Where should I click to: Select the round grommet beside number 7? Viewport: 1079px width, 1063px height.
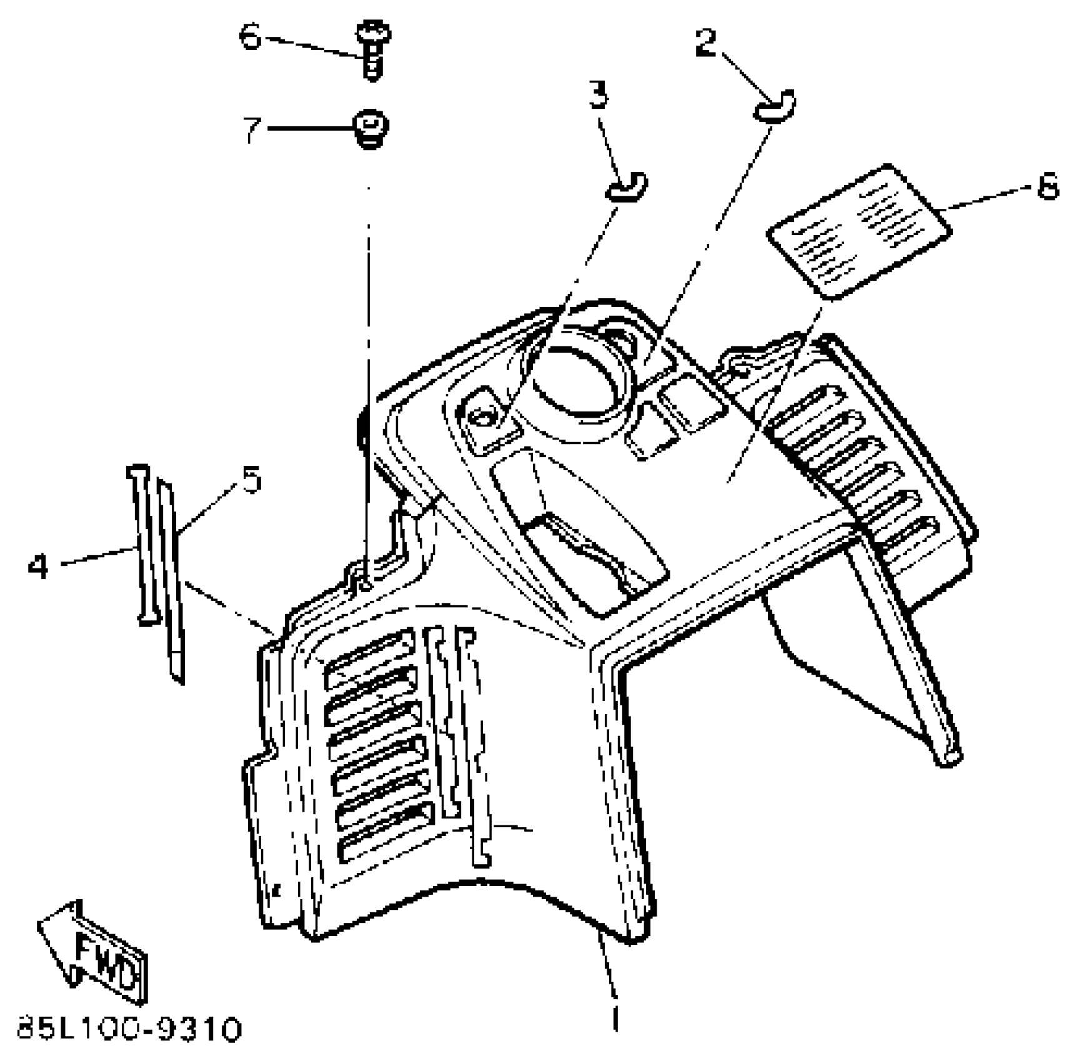point(372,129)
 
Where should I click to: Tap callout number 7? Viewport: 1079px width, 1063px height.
point(252,130)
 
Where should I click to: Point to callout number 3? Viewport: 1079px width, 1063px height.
point(598,96)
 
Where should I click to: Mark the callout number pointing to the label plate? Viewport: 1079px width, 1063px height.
point(1048,186)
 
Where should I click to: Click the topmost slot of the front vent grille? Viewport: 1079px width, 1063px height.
point(370,653)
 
